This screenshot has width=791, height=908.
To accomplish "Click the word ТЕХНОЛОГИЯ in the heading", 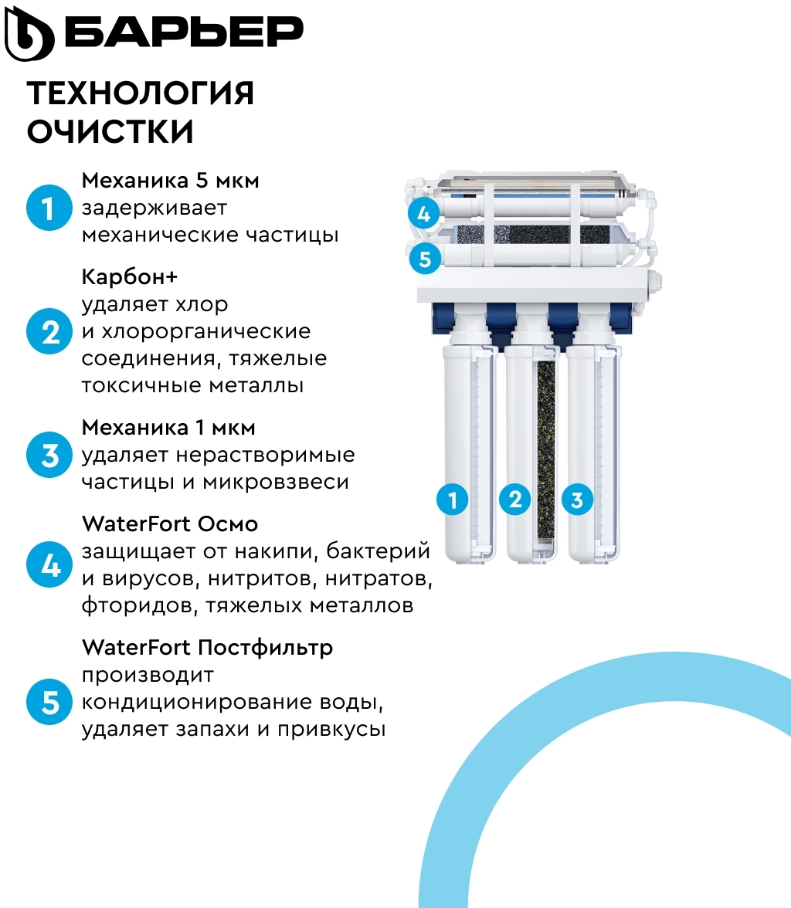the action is pos(141,93).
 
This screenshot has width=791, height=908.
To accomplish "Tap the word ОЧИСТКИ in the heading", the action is pos(110,131).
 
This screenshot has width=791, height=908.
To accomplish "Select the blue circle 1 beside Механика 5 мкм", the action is pos(49,208).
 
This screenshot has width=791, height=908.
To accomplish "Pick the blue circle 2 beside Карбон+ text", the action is pos(49,331).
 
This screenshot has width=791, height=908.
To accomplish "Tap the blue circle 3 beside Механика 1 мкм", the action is pos(49,455).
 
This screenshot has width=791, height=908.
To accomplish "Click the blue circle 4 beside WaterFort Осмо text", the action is pos(49,564).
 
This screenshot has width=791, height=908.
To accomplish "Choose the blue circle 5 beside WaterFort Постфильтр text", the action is pos(49,702).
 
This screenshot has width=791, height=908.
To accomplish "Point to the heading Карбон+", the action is pos(129,276).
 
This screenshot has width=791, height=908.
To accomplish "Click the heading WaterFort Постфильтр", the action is pos(208,647).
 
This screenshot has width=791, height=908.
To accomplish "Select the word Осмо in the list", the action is pos(227,524).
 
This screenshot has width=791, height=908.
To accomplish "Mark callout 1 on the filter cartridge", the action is pos(452,499).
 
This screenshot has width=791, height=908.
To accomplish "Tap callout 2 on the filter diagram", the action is pos(514,499).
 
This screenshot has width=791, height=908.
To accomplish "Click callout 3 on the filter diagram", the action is pos(577,499).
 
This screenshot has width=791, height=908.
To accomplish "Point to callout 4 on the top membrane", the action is pos(424,214).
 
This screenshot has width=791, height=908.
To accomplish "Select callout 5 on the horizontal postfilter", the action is pos(425,258).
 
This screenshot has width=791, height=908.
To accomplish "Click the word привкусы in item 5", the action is pos(331,730).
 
